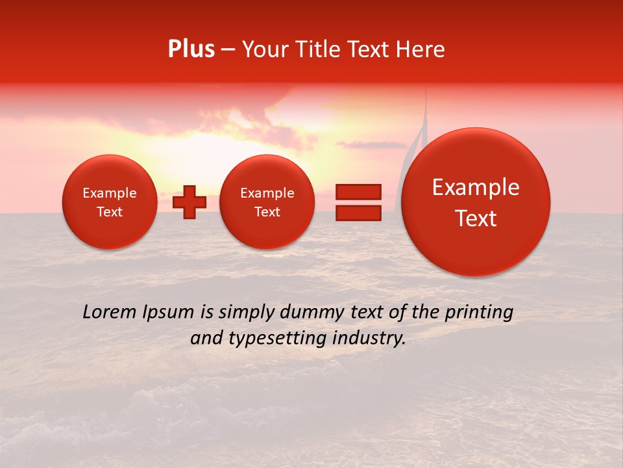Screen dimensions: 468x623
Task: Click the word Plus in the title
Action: click(191, 49)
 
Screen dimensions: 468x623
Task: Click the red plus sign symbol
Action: click(189, 202)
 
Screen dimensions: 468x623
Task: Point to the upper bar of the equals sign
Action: click(358, 191)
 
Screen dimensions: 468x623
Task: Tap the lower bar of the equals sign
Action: click(358, 213)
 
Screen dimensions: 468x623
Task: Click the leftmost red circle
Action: click(110, 202)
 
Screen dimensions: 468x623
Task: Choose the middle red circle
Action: click(267, 202)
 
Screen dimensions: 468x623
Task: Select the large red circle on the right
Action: click(476, 202)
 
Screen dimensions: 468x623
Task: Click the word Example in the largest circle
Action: click(476, 187)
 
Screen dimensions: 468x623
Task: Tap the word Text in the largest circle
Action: click(476, 218)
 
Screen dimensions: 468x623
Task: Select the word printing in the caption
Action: click(479, 313)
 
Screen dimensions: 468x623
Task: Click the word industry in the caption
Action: click(369, 339)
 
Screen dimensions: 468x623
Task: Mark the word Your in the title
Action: click(263, 49)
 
